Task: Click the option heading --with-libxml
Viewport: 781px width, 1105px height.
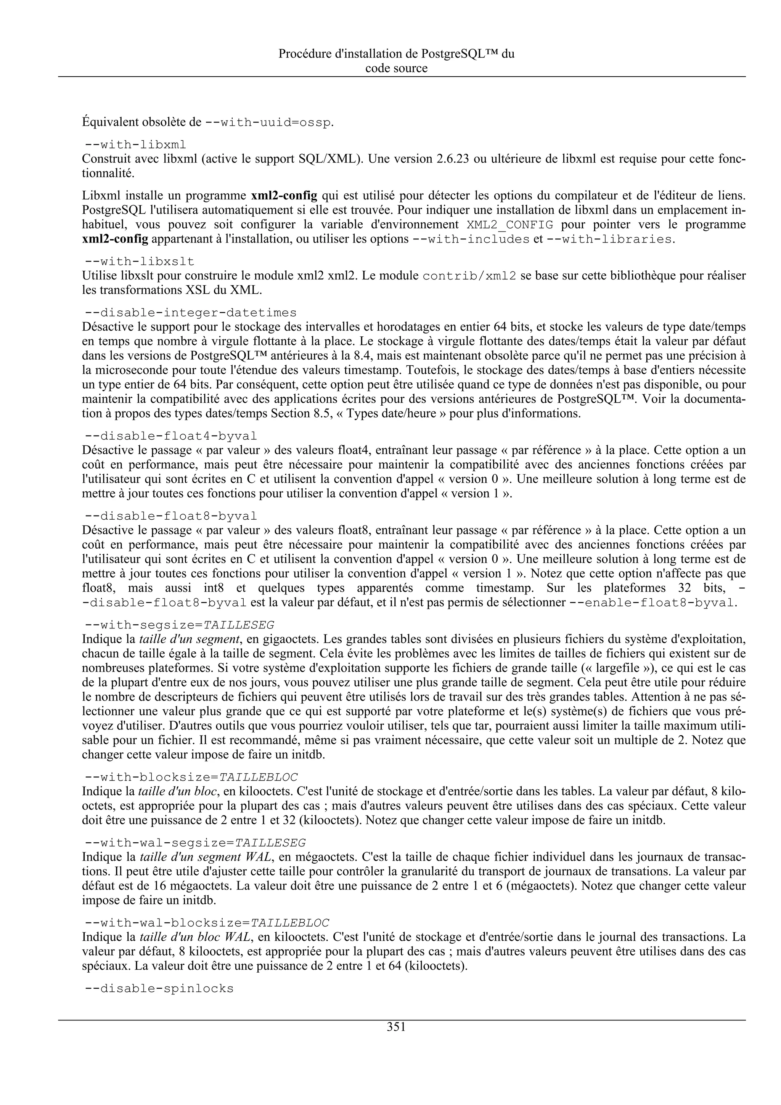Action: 135,145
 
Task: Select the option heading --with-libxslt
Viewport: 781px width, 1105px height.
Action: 140,262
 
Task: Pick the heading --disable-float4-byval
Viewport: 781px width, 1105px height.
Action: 171,436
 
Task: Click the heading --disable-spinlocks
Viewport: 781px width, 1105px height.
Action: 159,989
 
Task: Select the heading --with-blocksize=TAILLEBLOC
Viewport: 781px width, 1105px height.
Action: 191,777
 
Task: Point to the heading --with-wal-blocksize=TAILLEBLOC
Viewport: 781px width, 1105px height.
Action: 207,923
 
